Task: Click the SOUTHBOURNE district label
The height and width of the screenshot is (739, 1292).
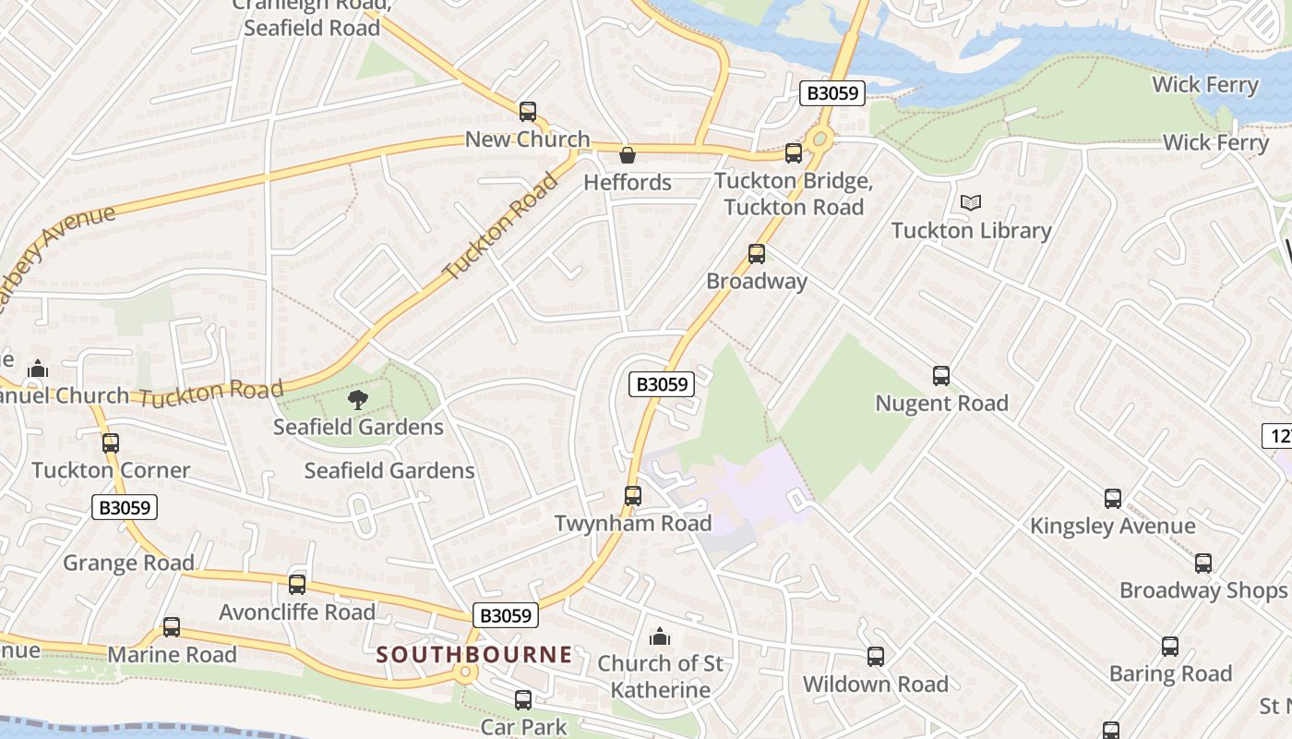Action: click(474, 654)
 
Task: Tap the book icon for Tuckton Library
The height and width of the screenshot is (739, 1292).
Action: click(970, 202)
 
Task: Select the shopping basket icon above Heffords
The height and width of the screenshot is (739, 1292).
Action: click(627, 155)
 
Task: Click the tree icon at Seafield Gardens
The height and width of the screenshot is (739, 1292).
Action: click(358, 399)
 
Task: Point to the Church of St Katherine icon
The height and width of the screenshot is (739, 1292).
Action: click(659, 636)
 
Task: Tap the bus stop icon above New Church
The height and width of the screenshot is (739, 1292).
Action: click(527, 112)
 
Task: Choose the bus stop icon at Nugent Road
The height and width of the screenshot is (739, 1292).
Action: click(940, 376)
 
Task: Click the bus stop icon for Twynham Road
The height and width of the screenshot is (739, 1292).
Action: click(632, 496)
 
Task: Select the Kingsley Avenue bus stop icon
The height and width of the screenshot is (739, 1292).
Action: click(1112, 499)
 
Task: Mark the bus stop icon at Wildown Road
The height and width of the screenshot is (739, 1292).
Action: click(875, 657)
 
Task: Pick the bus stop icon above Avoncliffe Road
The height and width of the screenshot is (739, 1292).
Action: click(296, 584)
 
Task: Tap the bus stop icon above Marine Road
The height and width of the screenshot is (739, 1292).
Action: click(171, 627)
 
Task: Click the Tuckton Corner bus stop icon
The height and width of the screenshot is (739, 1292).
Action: click(111, 442)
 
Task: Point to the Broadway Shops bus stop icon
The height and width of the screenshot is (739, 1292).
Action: click(1202, 563)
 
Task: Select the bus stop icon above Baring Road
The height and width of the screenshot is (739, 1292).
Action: click(1169, 647)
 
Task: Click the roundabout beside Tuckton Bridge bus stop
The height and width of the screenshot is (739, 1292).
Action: click(819, 140)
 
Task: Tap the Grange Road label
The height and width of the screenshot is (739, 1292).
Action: click(128, 563)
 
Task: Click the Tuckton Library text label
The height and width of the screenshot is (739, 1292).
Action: click(971, 230)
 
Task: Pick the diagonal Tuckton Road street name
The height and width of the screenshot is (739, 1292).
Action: click(501, 227)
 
